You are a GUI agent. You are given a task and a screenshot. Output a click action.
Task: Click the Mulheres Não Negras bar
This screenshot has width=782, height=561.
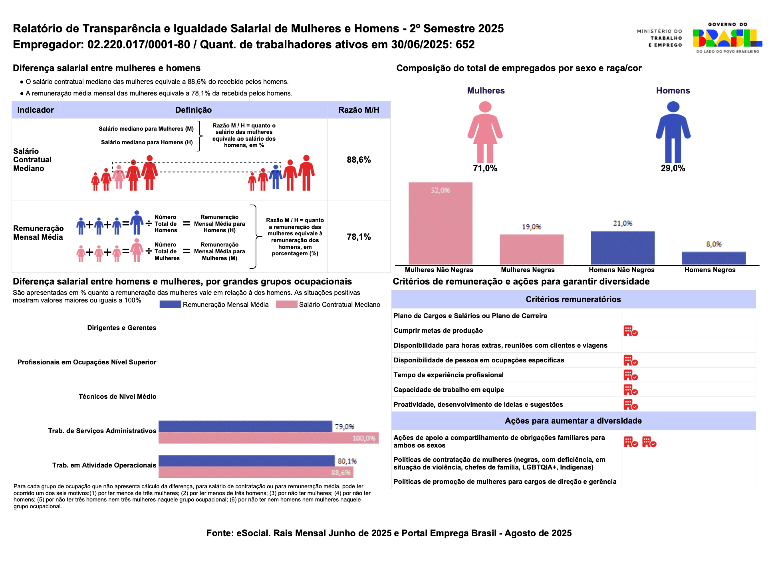click(x=440, y=223)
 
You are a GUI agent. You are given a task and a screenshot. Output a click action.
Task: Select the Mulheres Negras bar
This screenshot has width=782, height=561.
click(x=532, y=249)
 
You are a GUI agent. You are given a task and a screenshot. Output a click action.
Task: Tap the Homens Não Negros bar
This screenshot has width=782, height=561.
click(x=623, y=248)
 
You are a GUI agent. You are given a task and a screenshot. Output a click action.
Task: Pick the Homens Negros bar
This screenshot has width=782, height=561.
click(x=714, y=258)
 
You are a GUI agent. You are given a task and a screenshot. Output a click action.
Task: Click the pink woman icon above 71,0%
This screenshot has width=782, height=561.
click(x=485, y=132)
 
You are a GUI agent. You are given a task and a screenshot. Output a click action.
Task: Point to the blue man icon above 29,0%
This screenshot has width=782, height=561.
click(x=673, y=132)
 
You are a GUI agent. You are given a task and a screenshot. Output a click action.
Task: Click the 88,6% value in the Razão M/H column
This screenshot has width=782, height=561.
click(x=359, y=160)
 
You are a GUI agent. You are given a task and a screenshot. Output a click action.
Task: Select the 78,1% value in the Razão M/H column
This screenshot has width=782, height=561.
click(x=359, y=237)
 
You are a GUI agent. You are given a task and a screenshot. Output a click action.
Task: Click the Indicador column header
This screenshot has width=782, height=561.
click(x=36, y=110)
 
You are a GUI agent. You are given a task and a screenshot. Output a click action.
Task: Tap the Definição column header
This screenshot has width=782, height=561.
click(x=193, y=110)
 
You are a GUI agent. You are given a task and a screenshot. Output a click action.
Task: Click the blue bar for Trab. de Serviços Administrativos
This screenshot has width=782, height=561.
click(x=245, y=426)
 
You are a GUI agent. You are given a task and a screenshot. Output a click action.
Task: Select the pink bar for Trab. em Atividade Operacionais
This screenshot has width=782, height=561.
click(x=256, y=472)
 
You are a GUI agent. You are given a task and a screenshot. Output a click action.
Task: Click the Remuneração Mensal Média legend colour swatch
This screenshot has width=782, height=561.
click(x=170, y=304)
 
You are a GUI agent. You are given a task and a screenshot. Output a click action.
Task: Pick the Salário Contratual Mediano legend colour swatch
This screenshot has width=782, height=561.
click(x=286, y=304)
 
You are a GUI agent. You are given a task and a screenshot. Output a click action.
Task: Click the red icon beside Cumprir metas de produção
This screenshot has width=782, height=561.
click(x=631, y=331)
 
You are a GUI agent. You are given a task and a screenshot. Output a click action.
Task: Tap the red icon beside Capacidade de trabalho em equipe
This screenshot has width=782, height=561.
click(x=631, y=390)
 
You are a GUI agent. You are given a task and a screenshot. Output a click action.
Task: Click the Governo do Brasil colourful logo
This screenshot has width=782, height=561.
click(x=727, y=38)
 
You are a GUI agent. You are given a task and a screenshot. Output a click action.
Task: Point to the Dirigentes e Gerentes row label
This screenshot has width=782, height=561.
click(x=122, y=328)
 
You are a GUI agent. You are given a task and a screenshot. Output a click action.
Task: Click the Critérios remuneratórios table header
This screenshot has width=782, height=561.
click(x=573, y=299)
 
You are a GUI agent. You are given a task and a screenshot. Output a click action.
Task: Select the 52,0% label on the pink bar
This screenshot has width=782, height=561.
click(x=440, y=190)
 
